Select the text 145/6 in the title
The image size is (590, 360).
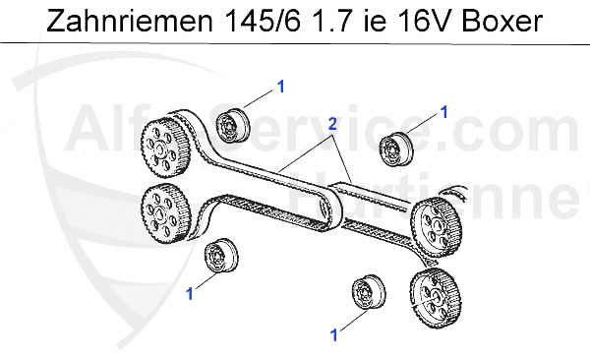pyautogui.click(x=261, y=21)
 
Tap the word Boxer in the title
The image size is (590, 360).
pyautogui.click(x=501, y=21)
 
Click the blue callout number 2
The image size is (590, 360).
pyautogui.click(x=332, y=124)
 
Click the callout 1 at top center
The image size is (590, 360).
pyautogui.click(x=280, y=87)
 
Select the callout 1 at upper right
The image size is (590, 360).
pyautogui.click(x=444, y=112)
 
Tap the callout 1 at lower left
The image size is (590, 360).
pyautogui.click(x=190, y=294)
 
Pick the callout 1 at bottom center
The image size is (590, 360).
pyautogui.click(x=334, y=334)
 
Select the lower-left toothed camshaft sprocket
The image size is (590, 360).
pyautogui.click(x=165, y=214)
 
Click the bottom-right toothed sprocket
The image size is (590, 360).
pyautogui.click(x=437, y=299)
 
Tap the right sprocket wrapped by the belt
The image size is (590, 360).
pyautogui.click(x=437, y=227)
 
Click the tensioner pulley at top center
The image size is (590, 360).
pyautogui.click(x=231, y=125)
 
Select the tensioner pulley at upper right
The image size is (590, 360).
pyautogui.click(x=396, y=150)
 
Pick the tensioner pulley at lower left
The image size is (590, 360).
pyautogui.click(x=221, y=256)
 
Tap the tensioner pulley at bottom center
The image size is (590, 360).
pyautogui.click(x=369, y=292)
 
